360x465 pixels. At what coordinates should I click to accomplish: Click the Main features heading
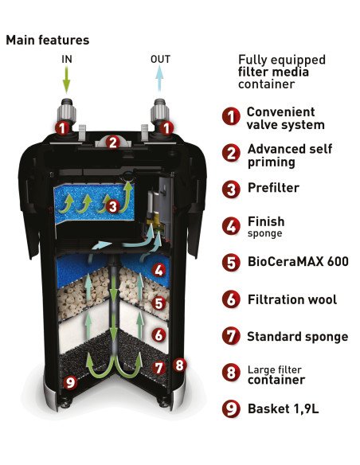[x=48, y=40]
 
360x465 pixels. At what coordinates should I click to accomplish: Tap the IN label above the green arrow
[x=67, y=59]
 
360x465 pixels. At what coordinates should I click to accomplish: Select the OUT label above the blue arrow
[x=160, y=59]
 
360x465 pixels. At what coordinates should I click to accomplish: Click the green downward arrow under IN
[x=67, y=79]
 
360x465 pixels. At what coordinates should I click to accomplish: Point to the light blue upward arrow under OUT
[x=159, y=78]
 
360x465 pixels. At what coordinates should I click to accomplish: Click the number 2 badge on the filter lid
[x=112, y=143]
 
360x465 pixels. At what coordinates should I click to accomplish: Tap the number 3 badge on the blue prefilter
[x=112, y=206]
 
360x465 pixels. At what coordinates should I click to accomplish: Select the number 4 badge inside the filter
[x=158, y=271]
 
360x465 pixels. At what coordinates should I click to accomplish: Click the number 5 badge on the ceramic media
[x=158, y=303]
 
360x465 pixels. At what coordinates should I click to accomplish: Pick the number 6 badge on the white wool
[x=158, y=335]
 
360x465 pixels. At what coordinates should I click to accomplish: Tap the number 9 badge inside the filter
[x=70, y=382]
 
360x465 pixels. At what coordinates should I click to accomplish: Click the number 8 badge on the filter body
[x=179, y=365]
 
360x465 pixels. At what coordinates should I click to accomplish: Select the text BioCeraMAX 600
[x=298, y=261]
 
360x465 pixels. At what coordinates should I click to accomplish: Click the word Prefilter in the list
[x=273, y=188]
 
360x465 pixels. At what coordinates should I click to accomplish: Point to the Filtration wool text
[x=292, y=299]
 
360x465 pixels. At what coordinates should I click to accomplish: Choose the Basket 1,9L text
[x=284, y=408]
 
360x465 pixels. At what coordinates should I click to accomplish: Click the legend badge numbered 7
[x=231, y=336]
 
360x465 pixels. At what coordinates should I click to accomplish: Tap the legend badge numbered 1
[x=231, y=116]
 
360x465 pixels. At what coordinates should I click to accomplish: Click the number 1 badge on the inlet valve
[x=62, y=128]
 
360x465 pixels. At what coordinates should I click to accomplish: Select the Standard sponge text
[x=298, y=337]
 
